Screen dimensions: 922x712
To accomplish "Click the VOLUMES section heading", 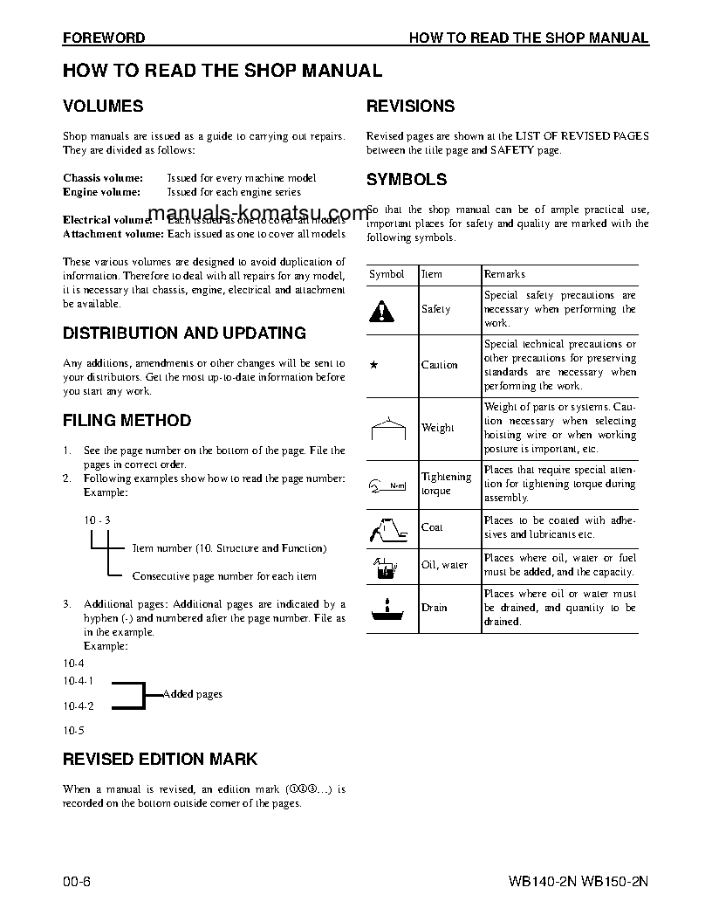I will click(x=103, y=107).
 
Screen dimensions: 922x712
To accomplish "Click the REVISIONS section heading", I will click(x=410, y=107).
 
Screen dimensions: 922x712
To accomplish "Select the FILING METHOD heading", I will click(x=127, y=421).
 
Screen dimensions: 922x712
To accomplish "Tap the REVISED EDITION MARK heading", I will click(x=160, y=760).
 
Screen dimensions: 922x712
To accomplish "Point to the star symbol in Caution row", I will click(x=373, y=366).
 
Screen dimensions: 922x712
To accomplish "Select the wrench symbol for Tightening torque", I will click(x=387, y=485).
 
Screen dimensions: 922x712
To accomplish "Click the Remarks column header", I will click(x=505, y=274).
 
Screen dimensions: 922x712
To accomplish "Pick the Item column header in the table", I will click(x=432, y=274).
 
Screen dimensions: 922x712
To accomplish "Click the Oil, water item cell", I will click(x=445, y=565).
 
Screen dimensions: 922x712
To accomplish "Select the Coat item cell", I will click(x=432, y=527).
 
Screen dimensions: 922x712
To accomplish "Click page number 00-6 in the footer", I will click(x=77, y=880).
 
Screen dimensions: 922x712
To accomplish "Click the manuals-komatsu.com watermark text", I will click(x=259, y=214).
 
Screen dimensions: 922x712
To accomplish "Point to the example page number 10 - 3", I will click(x=98, y=520).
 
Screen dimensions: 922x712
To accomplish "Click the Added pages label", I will click(x=192, y=694).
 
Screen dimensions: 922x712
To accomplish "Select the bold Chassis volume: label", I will click(x=103, y=178).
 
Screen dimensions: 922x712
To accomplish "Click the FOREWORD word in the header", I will click(x=103, y=38).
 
